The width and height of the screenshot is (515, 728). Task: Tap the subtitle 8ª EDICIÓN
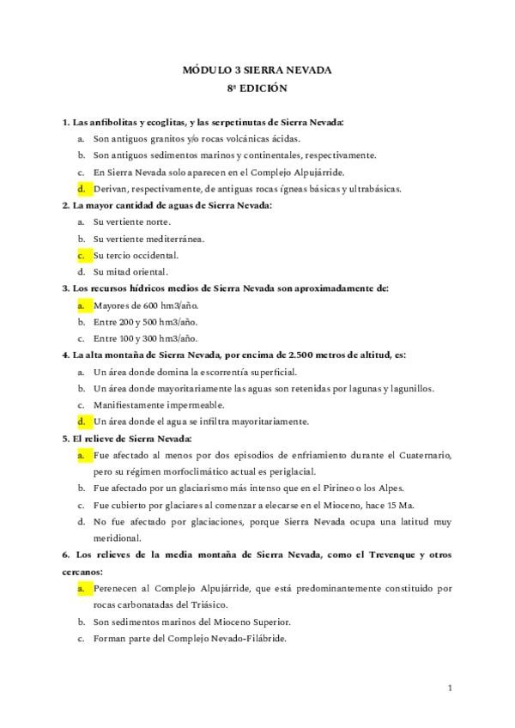point(257,88)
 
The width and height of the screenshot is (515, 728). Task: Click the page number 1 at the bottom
point(450,688)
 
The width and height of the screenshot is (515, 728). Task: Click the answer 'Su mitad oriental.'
point(130,272)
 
